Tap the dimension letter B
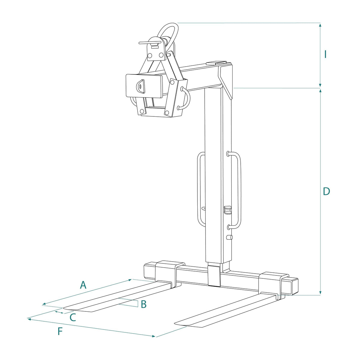[x=143, y=304]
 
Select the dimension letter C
[x=73, y=317]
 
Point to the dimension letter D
[x=326, y=191]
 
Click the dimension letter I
[x=325, y=54]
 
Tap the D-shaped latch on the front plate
[x=140, y=86]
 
